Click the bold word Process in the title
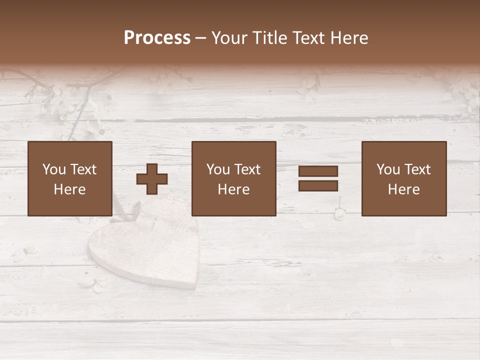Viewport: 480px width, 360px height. tap(157, 38)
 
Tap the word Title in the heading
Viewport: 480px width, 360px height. tap(268, 38)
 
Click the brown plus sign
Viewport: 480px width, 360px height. tap(152, 178)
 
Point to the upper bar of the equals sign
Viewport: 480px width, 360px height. tap(318, 171)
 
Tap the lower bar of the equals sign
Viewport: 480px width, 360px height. tap(318, 186)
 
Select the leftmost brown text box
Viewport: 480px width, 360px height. tap(69, 178)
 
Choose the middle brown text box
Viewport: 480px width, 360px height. tap(233, 178)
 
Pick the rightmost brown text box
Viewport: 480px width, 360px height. tap(403, 178)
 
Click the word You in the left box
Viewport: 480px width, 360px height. tap(54, 169)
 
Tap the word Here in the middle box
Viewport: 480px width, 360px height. tap(233, 189)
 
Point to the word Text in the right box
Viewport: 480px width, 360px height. tap(417, 169)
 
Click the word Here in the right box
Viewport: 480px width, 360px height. tap(403, 189)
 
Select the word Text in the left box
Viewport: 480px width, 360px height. tap(83, 169)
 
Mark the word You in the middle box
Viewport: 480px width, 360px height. tap(218, 169)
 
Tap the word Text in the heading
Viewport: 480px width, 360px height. tap(306, 38)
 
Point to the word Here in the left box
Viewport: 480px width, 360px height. tap(69, 189)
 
